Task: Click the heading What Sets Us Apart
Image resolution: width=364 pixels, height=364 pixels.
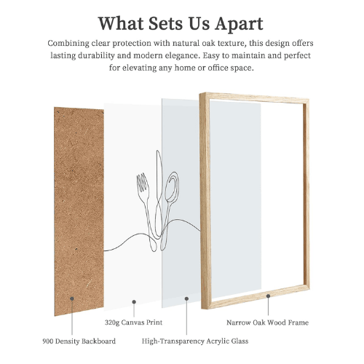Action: click(x=181, y=22)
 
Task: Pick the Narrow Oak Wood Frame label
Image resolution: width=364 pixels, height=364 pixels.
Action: click(x=267, y=322)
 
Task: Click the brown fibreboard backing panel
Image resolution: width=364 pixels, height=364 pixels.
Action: click(x=79, y=211)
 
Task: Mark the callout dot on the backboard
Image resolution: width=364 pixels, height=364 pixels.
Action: click(x=72, y=298)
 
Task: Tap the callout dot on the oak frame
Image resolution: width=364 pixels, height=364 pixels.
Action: click(x=269, y=296)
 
